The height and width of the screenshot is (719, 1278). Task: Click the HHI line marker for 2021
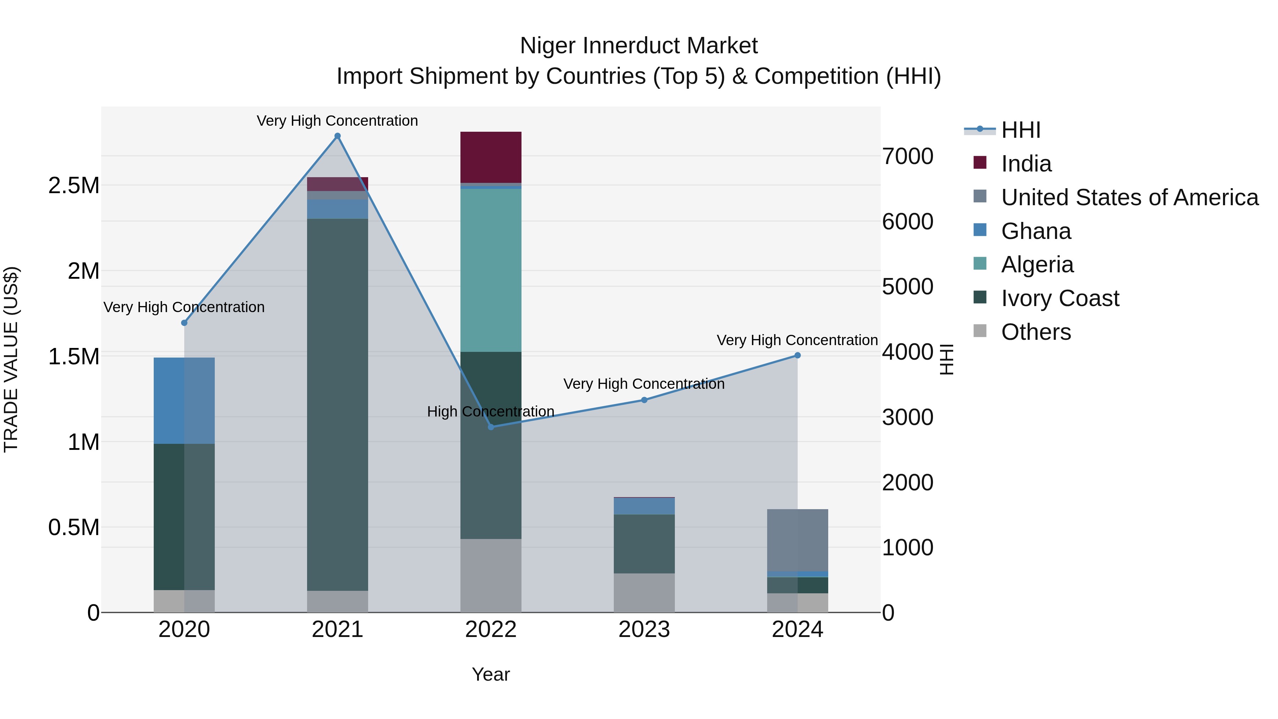click(337, 136)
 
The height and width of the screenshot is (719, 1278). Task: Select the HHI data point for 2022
click(491, 427)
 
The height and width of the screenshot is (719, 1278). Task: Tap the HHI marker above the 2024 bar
click(797, 355)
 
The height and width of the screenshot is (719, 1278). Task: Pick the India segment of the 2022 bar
click(491, 157)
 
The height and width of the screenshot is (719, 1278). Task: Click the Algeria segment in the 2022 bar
click(491, 271)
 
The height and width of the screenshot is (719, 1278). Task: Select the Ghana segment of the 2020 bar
click(184, 401)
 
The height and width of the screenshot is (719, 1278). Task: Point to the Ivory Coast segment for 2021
click(337, 404)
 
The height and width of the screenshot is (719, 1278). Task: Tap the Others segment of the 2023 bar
click(644, 593)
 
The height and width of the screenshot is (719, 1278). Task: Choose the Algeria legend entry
click(1037, 265)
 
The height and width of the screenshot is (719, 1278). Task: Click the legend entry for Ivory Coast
click(1060, 298)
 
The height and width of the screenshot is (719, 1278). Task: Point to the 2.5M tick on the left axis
click(74, 186)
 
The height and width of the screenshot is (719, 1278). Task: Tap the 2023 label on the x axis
click(644, 630)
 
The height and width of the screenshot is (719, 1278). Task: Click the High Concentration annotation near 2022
click(490, 412)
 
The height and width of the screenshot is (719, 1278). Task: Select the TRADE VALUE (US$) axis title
click(11, 359)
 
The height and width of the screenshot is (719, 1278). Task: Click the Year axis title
click(491, 674)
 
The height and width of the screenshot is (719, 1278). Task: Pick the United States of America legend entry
click(1129, 197)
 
